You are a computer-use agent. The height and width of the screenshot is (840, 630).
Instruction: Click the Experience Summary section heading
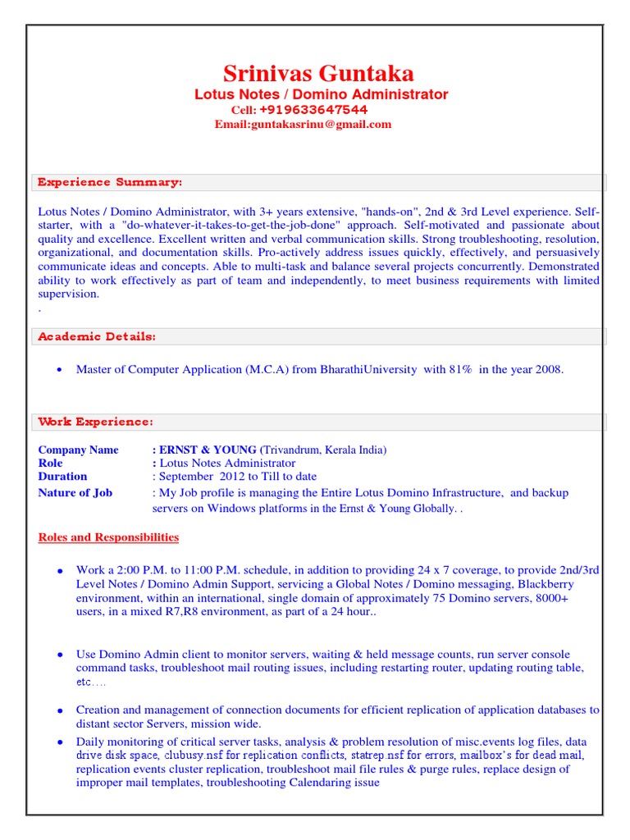click(x=110, y=181)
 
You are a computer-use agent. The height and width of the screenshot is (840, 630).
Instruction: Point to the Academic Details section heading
click(x=97, y=336)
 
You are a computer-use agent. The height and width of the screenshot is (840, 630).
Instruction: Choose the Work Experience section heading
click(x=95, y=422)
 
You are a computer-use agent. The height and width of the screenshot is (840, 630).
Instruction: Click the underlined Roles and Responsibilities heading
click(x=108, y=537)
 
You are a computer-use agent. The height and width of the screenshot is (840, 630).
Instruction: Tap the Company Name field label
click(x=78, y=450)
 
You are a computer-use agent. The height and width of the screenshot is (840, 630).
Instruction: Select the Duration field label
click(x=62, y=476)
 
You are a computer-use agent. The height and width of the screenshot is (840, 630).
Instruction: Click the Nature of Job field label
click(x=75, y=492)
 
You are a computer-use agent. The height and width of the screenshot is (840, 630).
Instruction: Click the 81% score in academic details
click(x=460, y=369)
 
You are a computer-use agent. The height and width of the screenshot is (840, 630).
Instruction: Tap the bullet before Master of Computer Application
click(x=59, y=370)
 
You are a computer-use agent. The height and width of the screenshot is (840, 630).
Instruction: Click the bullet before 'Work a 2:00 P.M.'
click(x=59, y=571)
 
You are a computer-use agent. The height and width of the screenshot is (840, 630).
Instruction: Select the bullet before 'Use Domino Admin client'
click(x=59, y=655)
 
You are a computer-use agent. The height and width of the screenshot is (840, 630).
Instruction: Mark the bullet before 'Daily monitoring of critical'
click(x=59, y=742)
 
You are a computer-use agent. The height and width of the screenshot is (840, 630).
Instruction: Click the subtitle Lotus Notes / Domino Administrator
click(x=321, y=94)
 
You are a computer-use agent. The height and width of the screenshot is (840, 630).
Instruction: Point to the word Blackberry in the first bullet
click(x=545, y=584)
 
